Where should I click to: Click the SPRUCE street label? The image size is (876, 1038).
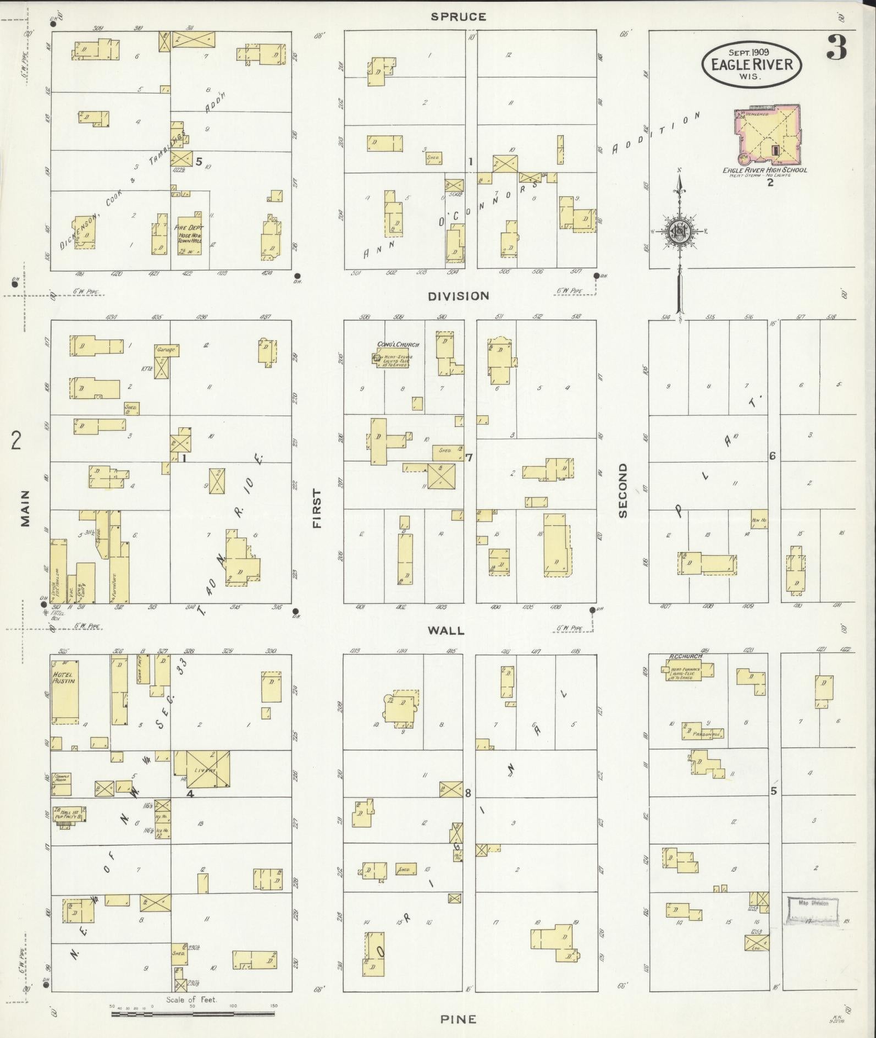click(458, 17)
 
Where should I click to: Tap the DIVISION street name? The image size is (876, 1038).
click(459, 296)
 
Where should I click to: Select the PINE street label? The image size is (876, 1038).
click(458, 1019)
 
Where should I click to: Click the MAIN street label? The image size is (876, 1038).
click(25, 509)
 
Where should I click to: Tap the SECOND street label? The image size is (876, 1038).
click(622, 490)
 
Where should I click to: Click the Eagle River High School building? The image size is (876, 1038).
click(768, 134)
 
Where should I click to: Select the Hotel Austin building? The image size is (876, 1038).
click(65, 690)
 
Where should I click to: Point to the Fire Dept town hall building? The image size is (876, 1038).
click(190, 234)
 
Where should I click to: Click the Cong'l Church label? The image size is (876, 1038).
click(398, 345)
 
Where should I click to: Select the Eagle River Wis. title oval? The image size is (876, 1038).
click(751, 65)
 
